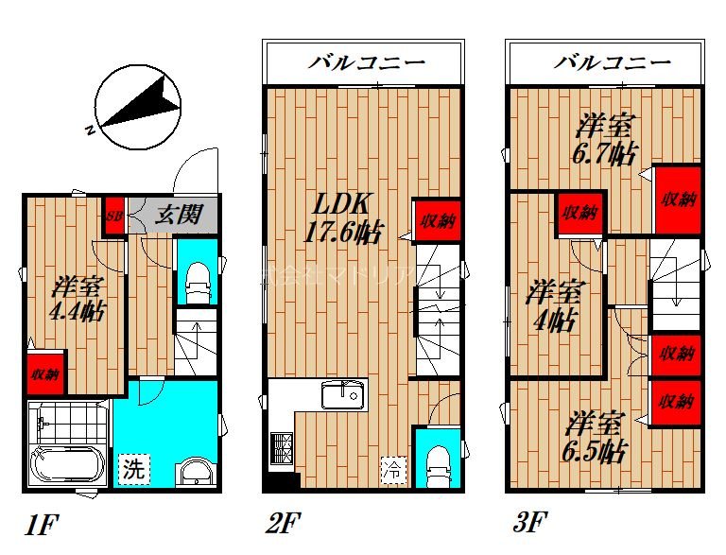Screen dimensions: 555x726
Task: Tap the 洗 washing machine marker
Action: click(x=135, y=467)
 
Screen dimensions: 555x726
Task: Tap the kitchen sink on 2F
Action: click(x=342, y=394)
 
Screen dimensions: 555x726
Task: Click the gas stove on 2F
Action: click(x=282, y=446)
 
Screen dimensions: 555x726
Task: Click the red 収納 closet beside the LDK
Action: click(x=436, y=222)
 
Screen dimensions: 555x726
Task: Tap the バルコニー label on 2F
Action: click(x=366, y=63)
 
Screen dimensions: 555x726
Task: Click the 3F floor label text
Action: click(x=532, y=520)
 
